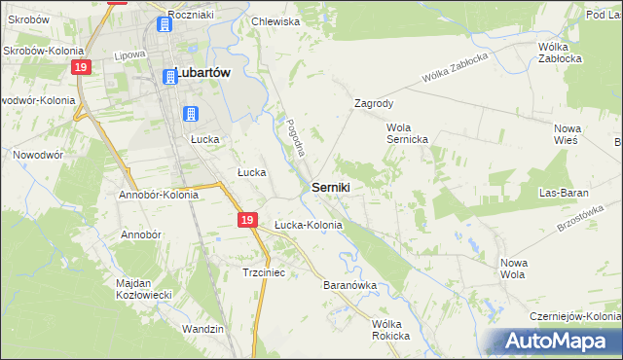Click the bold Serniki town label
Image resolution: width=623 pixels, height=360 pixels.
(x=331, y=186)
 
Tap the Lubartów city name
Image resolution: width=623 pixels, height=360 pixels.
(x=205, y=71)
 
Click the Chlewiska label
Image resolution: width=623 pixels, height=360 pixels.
(x=275, y=20)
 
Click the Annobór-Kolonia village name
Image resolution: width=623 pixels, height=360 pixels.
(x=159, y=194)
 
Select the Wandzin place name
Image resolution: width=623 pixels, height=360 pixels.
(x=203, y=329)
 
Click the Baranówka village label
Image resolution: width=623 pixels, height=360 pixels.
(x=349, y=286)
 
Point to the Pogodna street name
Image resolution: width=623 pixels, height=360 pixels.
(x=296, y=138)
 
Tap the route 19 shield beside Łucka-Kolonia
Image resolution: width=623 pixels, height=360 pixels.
(x=247, y=222)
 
